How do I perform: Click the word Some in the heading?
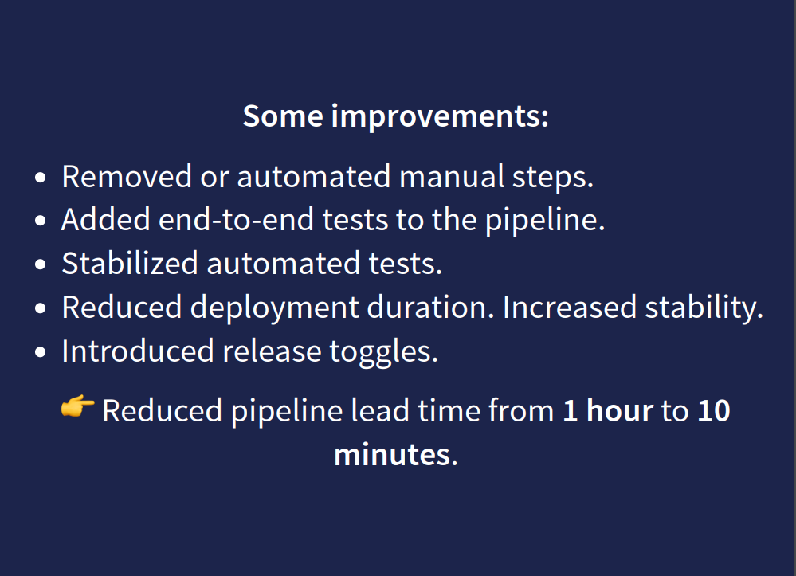click(283, 116)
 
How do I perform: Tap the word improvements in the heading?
click(440, 117)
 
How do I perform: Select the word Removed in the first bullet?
click(127, 177)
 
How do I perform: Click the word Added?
click(106, 221)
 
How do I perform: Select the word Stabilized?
click(129, 264)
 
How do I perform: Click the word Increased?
click(570, 308)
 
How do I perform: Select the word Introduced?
click(138, 351)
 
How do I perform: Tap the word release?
click(272, 351)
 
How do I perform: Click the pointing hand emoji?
click(77, 406)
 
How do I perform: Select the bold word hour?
click(620, 410)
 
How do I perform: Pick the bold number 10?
click(714, 411)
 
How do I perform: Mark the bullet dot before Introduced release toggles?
click(41, 352)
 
